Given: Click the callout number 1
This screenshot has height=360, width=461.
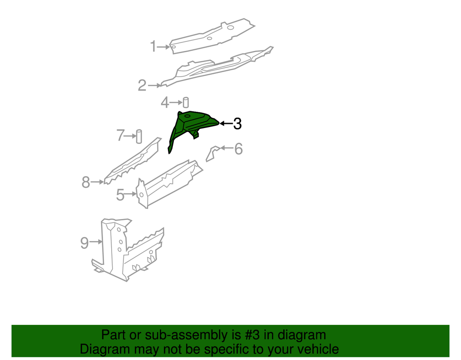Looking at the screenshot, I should pos(154,46).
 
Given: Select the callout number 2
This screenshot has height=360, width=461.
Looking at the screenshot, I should pos(142,85).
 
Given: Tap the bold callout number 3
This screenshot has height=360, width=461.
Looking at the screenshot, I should pos(237,123).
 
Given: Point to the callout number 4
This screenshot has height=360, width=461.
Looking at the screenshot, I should pos(165,103).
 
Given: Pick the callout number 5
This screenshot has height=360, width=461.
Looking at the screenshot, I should pos(120,195).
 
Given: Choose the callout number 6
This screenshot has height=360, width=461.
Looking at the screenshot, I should pos(238,148).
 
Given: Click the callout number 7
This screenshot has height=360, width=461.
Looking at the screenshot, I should pos(120,135).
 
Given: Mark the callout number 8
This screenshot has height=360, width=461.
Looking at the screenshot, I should pos(86,182).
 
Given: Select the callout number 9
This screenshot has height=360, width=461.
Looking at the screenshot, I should pos(85,243).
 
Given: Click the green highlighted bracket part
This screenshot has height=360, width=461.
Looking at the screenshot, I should pos(189,126).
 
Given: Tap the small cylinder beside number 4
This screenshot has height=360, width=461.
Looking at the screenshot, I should pos(185,103).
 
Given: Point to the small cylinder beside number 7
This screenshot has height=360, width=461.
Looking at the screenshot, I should pos(139,136).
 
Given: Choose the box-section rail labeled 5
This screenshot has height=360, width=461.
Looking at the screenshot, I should pos(169,182).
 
